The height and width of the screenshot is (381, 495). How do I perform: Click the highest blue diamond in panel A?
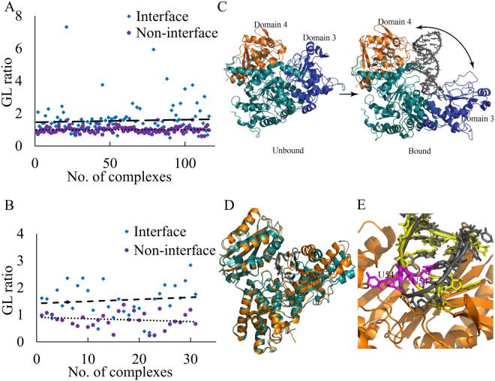[66, 27]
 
